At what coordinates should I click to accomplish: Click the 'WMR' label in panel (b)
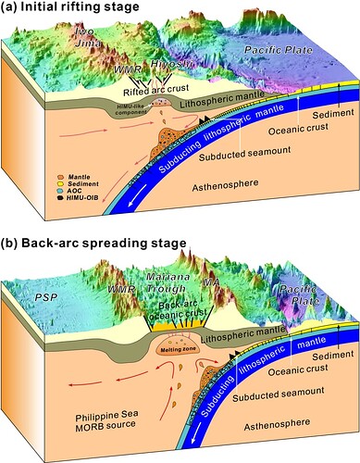[x=97, y=298]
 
